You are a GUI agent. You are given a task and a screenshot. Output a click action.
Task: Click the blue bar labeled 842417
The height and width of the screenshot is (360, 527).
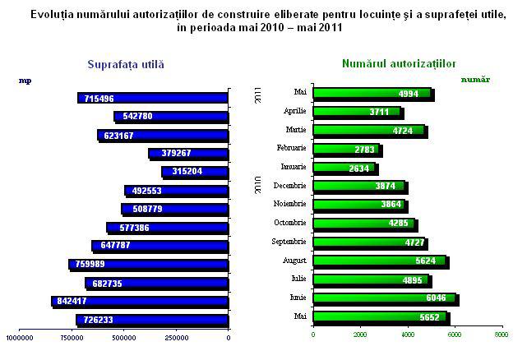(x=140, y=302)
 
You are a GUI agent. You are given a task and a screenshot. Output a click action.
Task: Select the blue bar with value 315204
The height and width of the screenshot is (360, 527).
(x=195, y=172)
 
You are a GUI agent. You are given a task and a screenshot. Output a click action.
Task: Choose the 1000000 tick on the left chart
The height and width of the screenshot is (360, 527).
(x=19, y=335)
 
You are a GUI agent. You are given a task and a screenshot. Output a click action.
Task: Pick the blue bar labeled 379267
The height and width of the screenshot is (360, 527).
(x=188, y=153)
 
